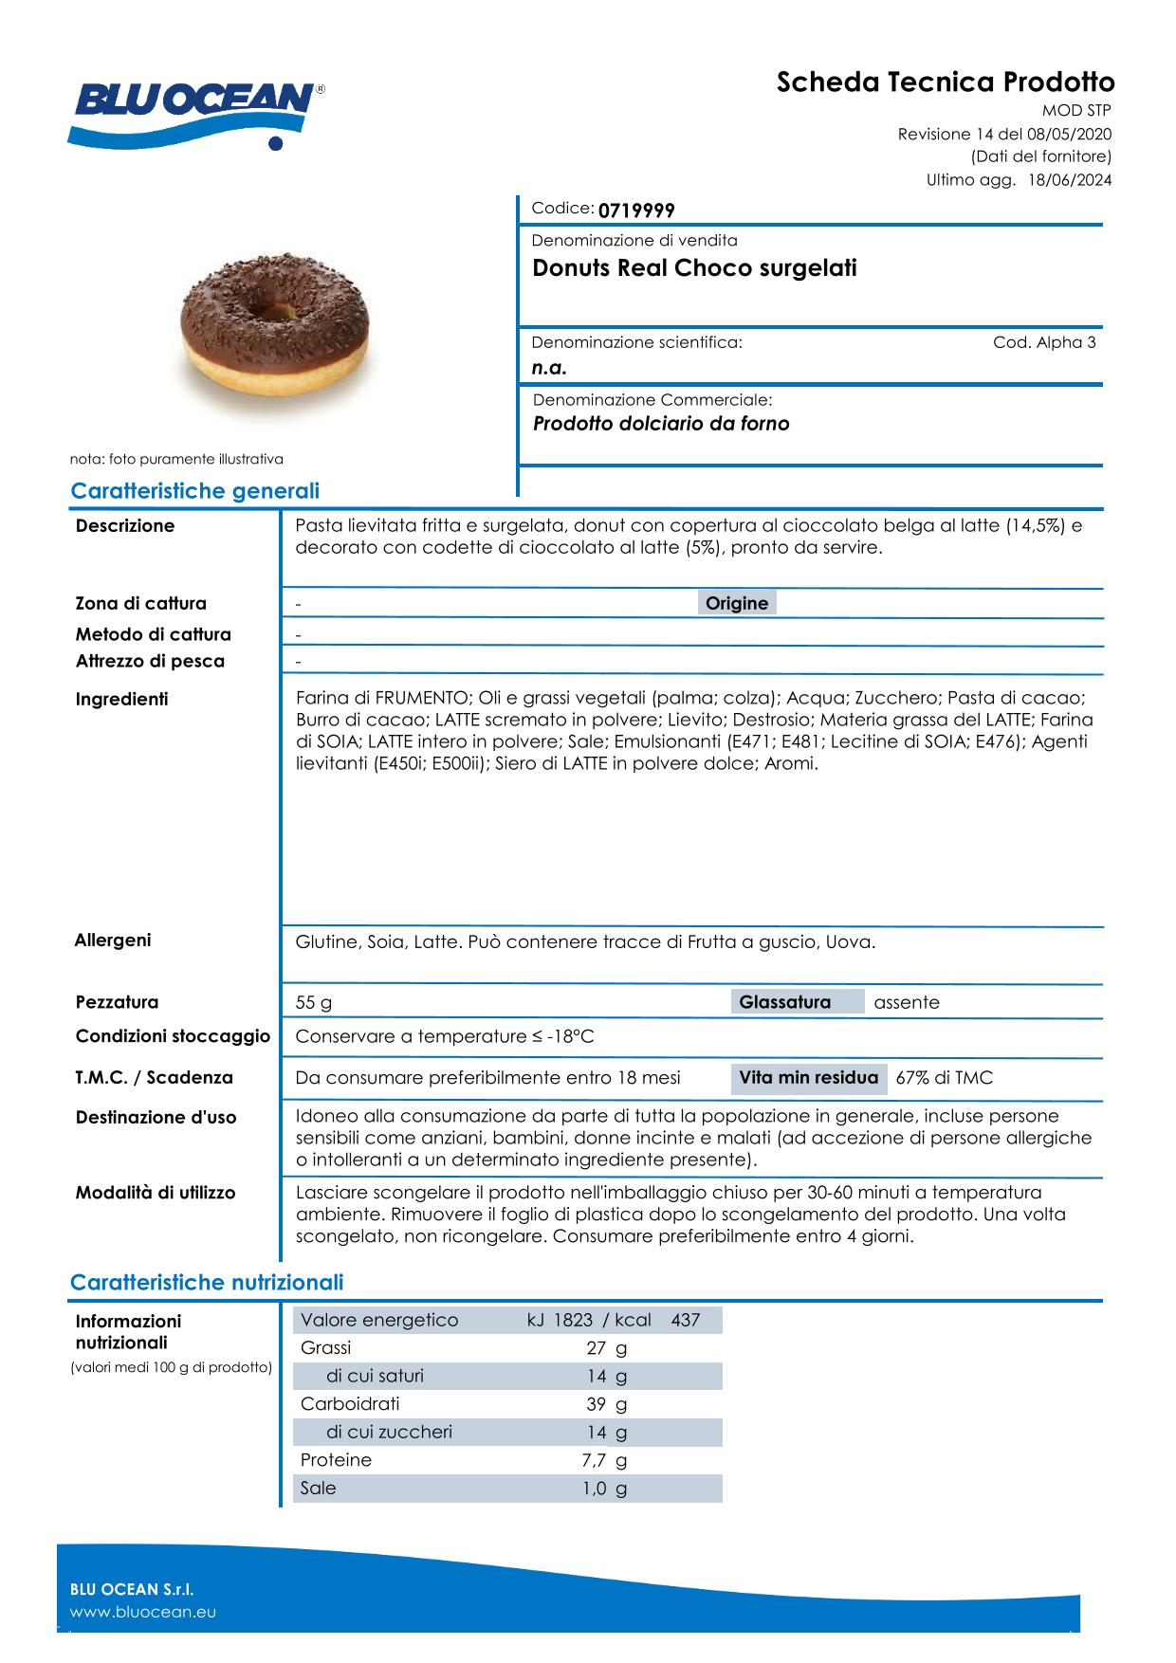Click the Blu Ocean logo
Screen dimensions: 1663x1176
pos(196,111)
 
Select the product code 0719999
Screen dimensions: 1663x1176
pos(636,210)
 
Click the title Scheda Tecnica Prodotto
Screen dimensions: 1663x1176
pos(945,82)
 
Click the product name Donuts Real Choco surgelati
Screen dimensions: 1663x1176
pos(694,268)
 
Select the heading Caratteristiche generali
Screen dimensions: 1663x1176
pos(194,491)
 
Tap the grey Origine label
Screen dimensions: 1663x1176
pos(737,604)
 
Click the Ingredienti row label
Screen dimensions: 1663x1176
pos(121,700)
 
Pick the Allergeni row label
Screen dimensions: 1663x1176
pos(113,941)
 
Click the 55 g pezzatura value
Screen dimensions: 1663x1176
pos(314,1003)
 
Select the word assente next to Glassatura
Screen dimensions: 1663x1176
pos(907,1002)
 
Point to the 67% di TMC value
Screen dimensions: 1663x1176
pos(944,1078)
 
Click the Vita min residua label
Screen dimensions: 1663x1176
pos(808,1078)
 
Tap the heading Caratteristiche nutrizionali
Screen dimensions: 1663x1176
pos(207,1283)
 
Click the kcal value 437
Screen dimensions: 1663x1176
pos(685,1321)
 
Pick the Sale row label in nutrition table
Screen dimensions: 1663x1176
pos(318,1489)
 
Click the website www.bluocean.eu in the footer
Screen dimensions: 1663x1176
pos(143,1612)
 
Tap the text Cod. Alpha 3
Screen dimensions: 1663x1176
pos(1044,343)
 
